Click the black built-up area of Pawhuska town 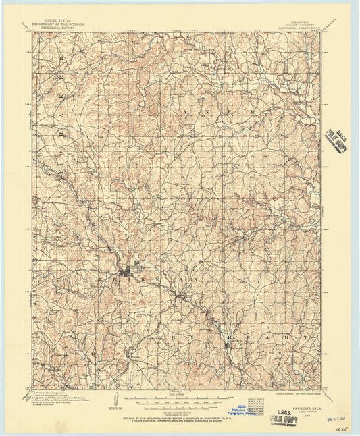(126, 271)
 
